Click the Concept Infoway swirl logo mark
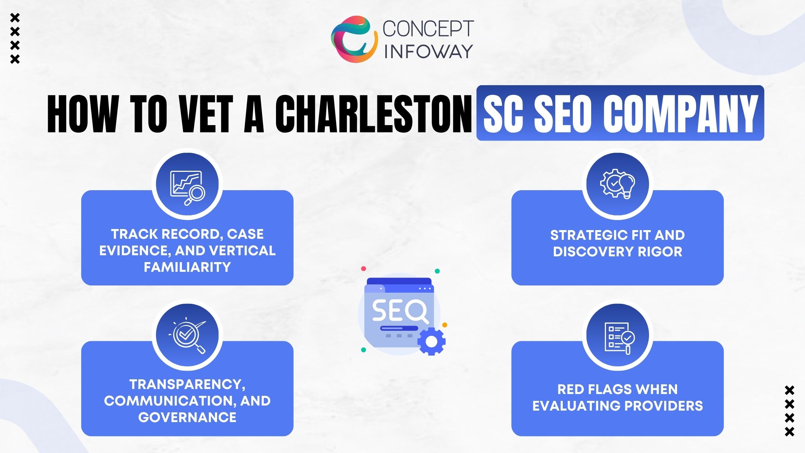click(354, 39)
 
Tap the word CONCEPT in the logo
click(428, 28)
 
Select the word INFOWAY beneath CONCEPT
click(428, 51)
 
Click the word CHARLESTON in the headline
click(374, 114)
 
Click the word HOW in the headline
click(83, 114)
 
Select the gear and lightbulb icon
click(617, 183)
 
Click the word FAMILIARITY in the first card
click(187, 267)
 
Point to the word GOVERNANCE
click(187, 417)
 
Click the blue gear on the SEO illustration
click(432, 341)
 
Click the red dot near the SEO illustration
click(363, 269)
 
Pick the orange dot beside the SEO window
click(445, 325)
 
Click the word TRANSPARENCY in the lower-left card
click(187, 384)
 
